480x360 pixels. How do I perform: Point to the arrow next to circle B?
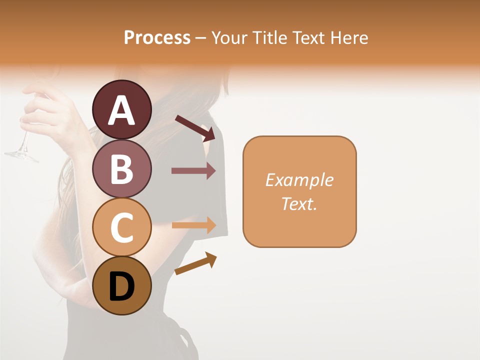tap(193, 171)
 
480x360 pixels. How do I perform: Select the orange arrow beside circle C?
tap(193, 225)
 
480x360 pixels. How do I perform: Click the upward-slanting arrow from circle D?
tap(195, 264)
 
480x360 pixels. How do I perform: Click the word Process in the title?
tap(157, 37)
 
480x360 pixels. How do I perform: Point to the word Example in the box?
tap(299, 180)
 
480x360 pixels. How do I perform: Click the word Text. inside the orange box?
tap(299, 203)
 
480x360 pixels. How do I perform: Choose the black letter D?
tap(121, 287)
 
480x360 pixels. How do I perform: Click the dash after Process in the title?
tap(201, 38)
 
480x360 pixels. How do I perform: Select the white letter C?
tap(121, 227)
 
